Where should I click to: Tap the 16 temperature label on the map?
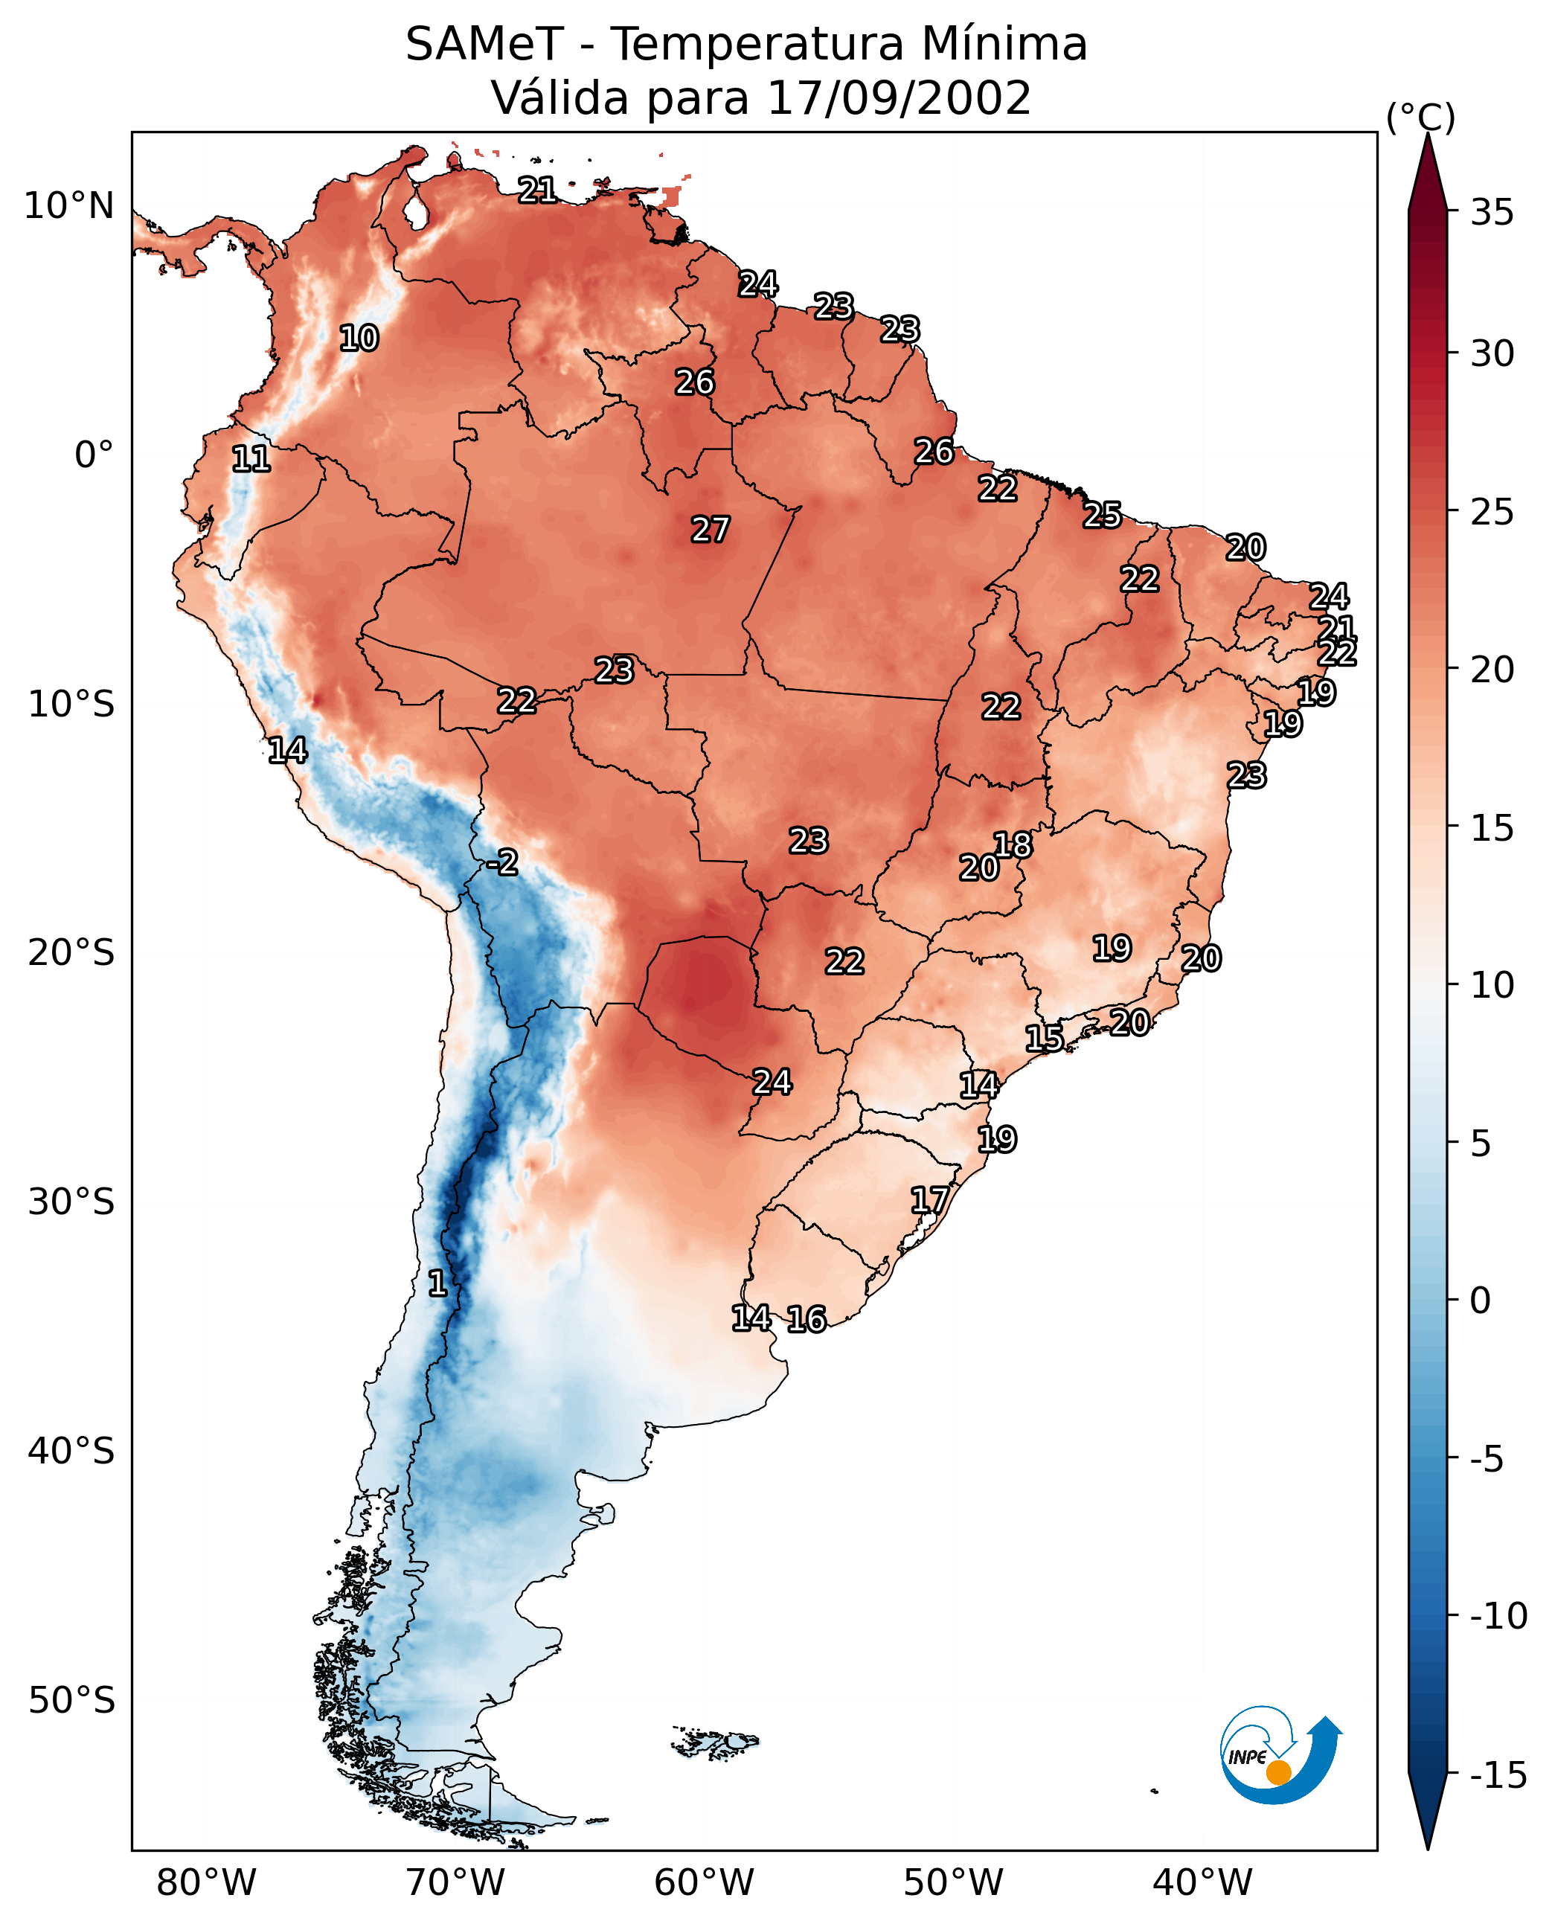point(806,1318)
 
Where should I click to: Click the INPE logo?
point(1280,1754)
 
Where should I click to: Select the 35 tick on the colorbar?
point(1492,213)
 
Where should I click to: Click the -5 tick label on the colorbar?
point(1492,1459)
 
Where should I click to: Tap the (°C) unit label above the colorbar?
point(1420,117)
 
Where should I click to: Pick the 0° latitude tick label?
point(94,455)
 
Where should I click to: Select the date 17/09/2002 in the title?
point(900,97)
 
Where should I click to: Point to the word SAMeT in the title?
point(484,44)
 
